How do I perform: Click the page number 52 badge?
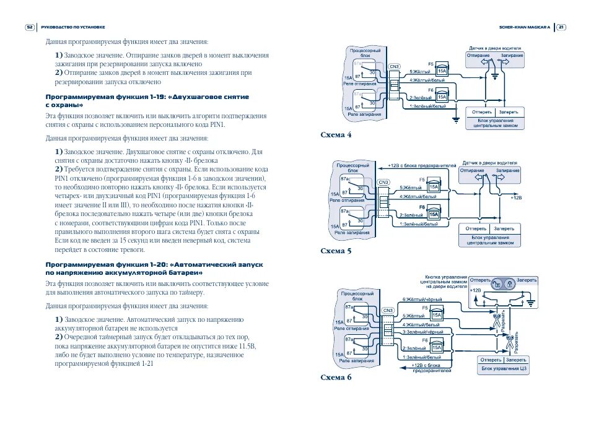coord(30,27)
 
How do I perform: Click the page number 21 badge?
coord(561,27)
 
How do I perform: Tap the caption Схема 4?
coord(336,134)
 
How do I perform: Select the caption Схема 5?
coord(336,251)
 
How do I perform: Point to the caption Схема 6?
coord(336,376)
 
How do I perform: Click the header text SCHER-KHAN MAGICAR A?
coord(524,27)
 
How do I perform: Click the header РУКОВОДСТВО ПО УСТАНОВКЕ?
coord(73,27)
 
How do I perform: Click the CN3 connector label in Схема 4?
coord(394,66)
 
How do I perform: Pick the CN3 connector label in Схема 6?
coord(388,310)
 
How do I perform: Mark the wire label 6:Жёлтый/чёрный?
coord(422,300)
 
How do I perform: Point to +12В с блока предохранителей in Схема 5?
coord(421,166)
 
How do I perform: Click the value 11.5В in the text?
coord(245,347)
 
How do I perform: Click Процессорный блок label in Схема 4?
coord(361,53)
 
